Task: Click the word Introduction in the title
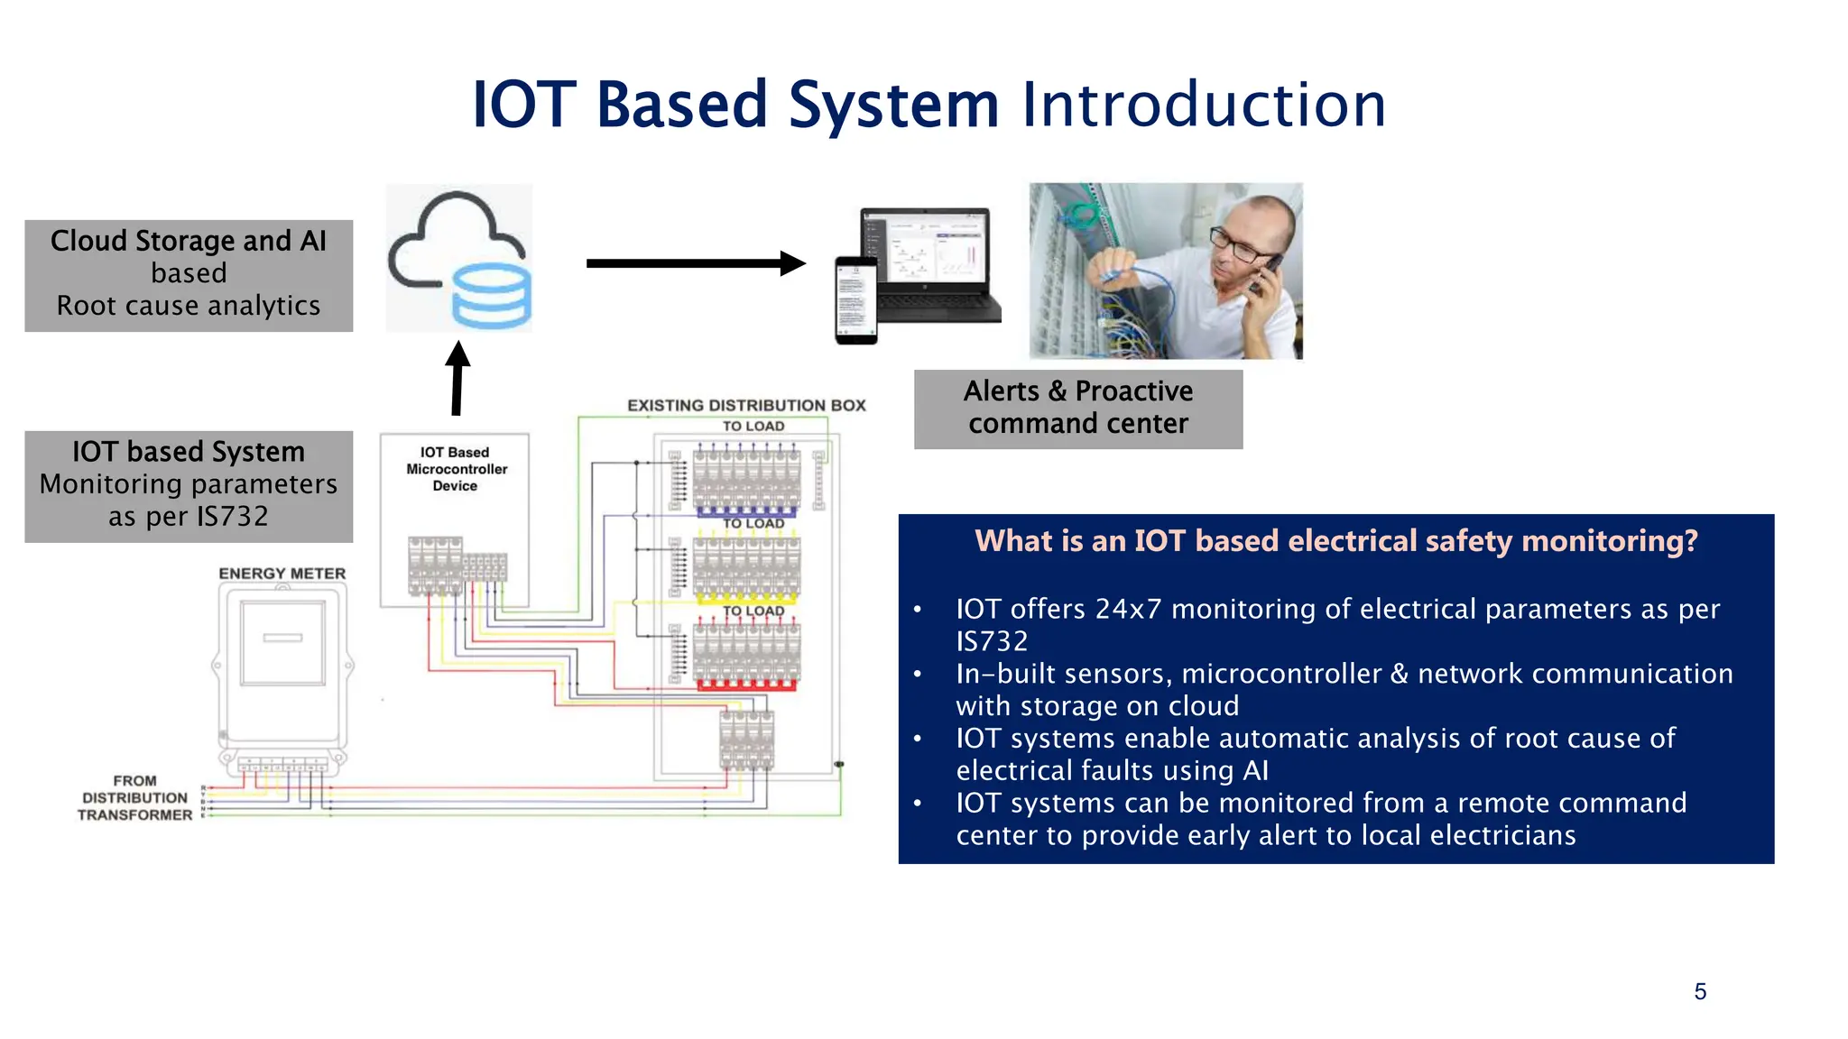[1203, 105]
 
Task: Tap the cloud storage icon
[459, 259]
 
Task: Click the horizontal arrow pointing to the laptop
[695, 263]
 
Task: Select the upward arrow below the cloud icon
[457, 379]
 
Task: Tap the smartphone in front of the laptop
[855, 299]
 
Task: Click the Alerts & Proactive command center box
[1077, 409]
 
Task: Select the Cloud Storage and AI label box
[189, 275]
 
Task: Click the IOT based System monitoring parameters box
[189, 486]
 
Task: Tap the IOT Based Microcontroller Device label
[456, 469]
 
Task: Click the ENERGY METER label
[282, 574]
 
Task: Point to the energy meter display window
[282, 643]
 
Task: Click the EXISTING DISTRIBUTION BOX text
[746, 406]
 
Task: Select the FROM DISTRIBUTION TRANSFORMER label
[134, 797]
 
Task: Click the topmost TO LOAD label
[753, 426]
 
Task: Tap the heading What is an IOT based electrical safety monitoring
[1335, 541]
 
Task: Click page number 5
[1700, 992]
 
